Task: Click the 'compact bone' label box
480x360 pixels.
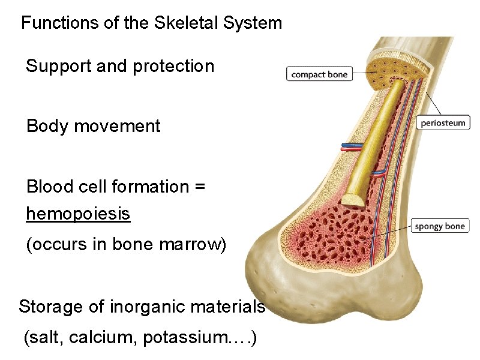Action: tap(319, 74)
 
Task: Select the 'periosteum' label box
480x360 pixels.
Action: tap(443, 123)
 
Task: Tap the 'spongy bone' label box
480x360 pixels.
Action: tap(440, 226)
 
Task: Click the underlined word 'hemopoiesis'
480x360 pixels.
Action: tap(78, 214)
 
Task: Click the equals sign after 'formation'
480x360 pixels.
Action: tap(200, 187)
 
